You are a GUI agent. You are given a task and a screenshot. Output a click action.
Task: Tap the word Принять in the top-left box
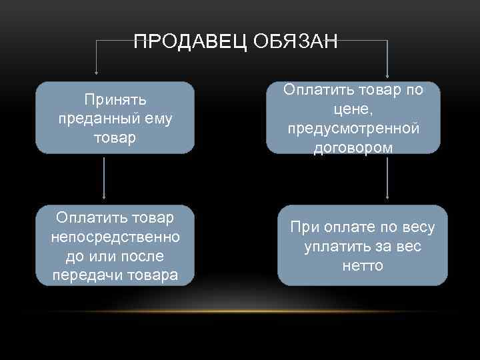(115, 100)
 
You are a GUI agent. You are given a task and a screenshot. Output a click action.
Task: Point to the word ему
(157, 119)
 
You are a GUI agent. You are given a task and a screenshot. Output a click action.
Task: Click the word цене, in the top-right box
(353, 109)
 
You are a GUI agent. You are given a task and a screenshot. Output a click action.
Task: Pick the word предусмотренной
(353, 128)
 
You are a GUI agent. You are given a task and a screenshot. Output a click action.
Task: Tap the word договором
(353, 147)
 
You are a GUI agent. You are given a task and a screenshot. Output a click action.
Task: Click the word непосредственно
(115, 237)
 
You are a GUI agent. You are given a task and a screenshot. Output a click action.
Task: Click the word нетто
(363, 266)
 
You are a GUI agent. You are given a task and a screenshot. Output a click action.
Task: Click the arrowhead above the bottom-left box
(104, 197)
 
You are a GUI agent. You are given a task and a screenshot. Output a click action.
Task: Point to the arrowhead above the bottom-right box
(387, 197)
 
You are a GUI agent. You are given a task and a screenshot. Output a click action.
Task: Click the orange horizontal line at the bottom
(240, 311)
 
